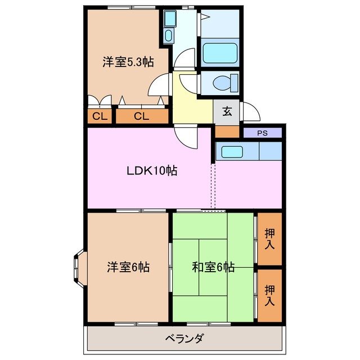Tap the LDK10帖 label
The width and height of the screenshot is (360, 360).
151,170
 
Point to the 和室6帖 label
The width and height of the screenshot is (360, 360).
213,267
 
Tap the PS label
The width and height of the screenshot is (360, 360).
262,133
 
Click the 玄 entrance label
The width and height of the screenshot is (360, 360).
227,111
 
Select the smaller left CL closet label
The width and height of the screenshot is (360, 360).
99,117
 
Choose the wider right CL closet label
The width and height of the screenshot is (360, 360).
141,117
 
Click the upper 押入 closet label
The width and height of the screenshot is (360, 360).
269,240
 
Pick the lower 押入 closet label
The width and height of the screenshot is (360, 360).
269,296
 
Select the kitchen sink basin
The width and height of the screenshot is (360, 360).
231,151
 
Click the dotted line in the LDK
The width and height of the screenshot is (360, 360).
213,186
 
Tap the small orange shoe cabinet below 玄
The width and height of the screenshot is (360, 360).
227,132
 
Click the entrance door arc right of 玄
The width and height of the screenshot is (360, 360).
250,113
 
